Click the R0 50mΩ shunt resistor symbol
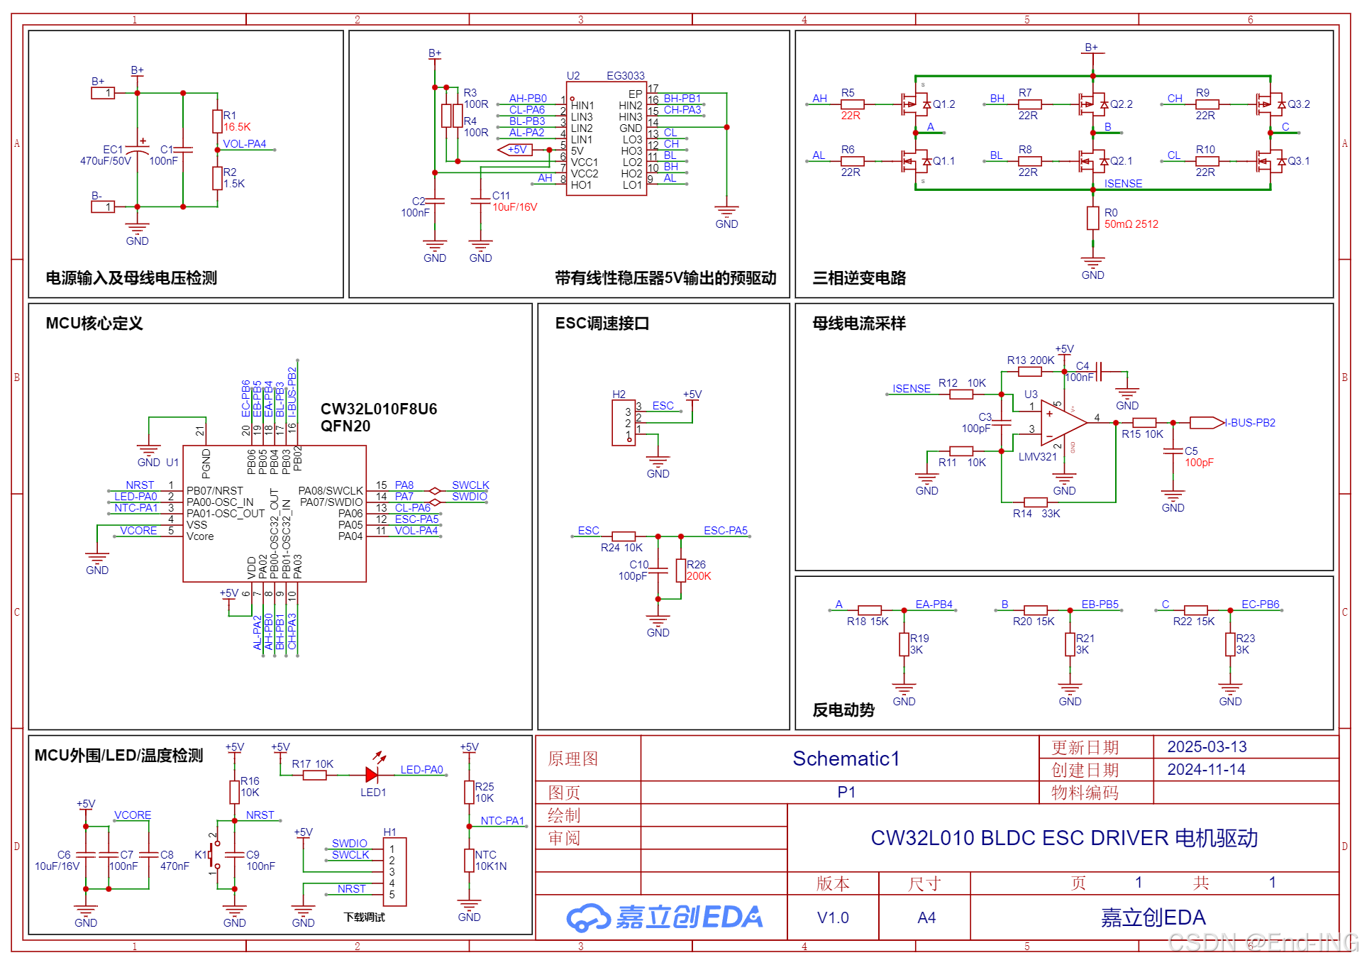[1092, 218]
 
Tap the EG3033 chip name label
[625, 76]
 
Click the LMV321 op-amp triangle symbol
[1062, 423]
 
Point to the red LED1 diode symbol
[372, 774]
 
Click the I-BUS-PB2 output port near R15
[1207, 423]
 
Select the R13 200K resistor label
[1030, 360]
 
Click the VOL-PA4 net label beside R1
[244, 144]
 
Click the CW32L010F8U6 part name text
[378, 409]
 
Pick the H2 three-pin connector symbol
[624, 423]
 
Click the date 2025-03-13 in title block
[1207, 747]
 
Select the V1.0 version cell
[833, 918]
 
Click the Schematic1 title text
[846, 759]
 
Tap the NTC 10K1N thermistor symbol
[469, 860]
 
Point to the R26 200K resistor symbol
[680, 570]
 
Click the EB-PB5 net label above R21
[1100, 605]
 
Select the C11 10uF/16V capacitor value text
[514, 207]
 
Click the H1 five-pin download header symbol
[394, 872]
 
